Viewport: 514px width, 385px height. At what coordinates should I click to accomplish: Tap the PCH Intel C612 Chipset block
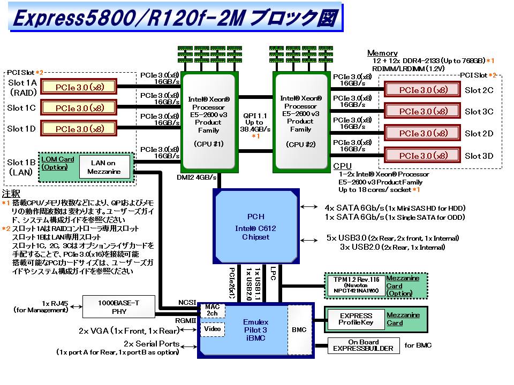pos(255,226)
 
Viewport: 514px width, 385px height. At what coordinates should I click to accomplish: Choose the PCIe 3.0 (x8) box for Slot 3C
pos(423,111)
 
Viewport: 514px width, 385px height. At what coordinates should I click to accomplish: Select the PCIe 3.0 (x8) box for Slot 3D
pos(423,156)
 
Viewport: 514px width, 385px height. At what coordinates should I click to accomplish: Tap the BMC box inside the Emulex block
pos(299,329)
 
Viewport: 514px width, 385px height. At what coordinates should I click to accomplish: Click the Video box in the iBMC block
pos(212,329)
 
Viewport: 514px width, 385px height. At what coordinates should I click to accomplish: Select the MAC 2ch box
pos(212,310)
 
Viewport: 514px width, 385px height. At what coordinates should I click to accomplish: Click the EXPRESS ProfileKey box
pos(356,319)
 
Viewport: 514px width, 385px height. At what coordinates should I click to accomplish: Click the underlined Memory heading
pos(382,53)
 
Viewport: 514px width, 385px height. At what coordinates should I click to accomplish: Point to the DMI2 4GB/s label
pos(196,177)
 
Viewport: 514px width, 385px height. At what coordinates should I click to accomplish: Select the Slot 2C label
pos(479,90)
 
